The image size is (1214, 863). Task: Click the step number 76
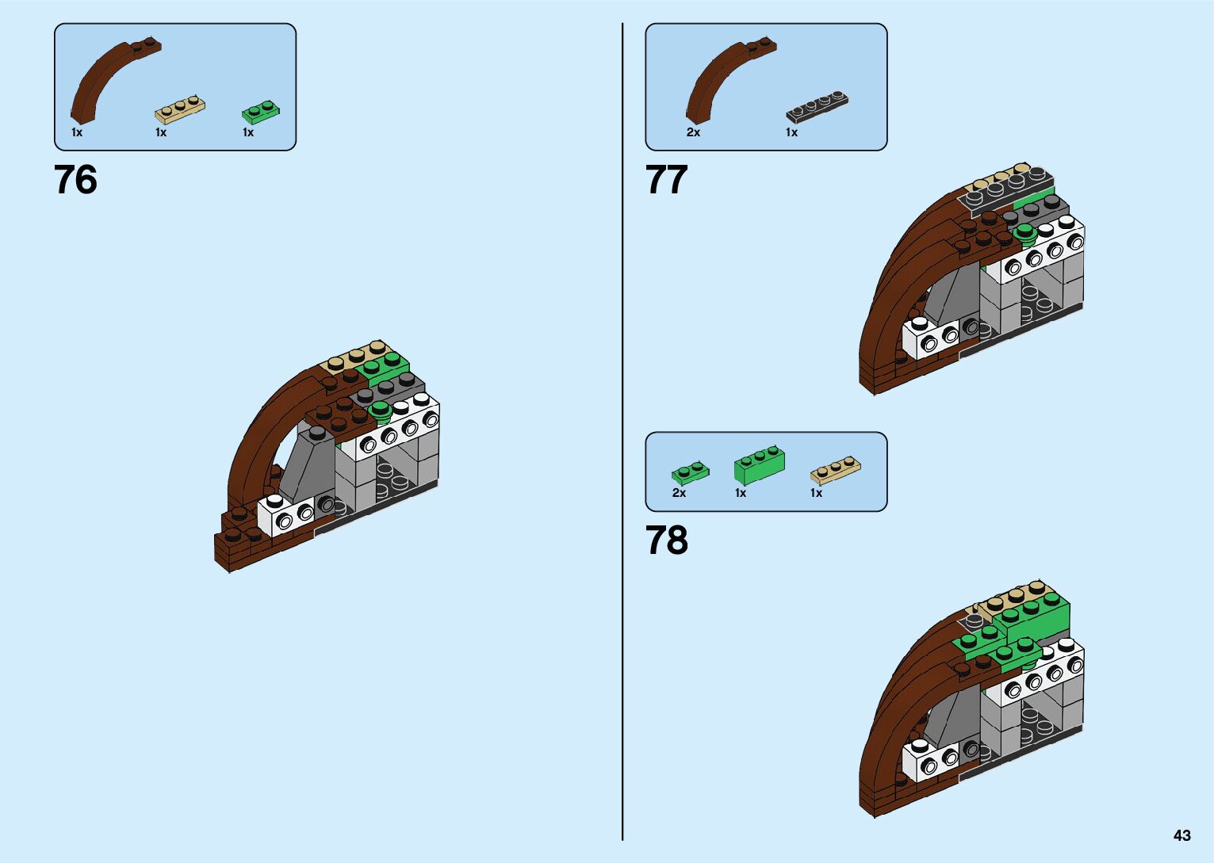75,180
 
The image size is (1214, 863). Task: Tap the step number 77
666,180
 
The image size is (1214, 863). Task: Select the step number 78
666,540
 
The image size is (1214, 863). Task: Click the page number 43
1181,835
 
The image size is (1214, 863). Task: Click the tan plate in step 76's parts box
181,109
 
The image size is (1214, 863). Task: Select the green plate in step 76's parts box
261,112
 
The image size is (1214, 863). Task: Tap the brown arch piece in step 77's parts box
722,79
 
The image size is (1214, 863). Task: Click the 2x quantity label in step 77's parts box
693,132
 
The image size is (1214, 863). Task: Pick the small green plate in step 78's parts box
690,472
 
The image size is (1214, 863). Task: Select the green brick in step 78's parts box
759,466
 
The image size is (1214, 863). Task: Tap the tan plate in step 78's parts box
835,470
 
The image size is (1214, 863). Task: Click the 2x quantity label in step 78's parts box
679,493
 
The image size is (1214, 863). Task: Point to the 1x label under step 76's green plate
248,132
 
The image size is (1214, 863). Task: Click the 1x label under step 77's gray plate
791,132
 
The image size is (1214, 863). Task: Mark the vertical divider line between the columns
622,432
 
